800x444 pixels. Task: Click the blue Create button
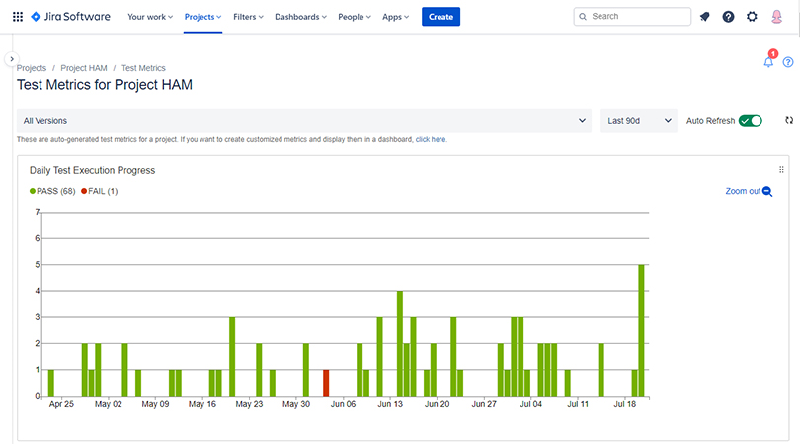click(x=440, y=17)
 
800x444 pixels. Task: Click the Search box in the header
click(x=632, y=17)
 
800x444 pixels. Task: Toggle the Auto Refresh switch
click(x=751, y=121)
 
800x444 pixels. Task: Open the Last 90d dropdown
click(x=638, y=121)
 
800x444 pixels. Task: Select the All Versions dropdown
click(x=304, y=121)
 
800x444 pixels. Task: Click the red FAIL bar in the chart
click(x=326, y=383)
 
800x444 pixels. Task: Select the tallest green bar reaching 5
click(x=641, y=330)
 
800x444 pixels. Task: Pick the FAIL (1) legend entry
click(x=100, y=191)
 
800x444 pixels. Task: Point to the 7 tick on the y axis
click(x=37, y=212)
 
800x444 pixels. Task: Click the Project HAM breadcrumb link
click(x=84, y=68)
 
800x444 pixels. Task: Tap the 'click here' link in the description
click(x=431, y=140)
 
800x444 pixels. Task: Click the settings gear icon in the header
click(x=752, y=17)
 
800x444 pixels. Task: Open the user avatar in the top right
click(x=777, y=17)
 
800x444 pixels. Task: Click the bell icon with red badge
click(x=768, y=62)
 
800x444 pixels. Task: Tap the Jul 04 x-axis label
click(x=531, y=404)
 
